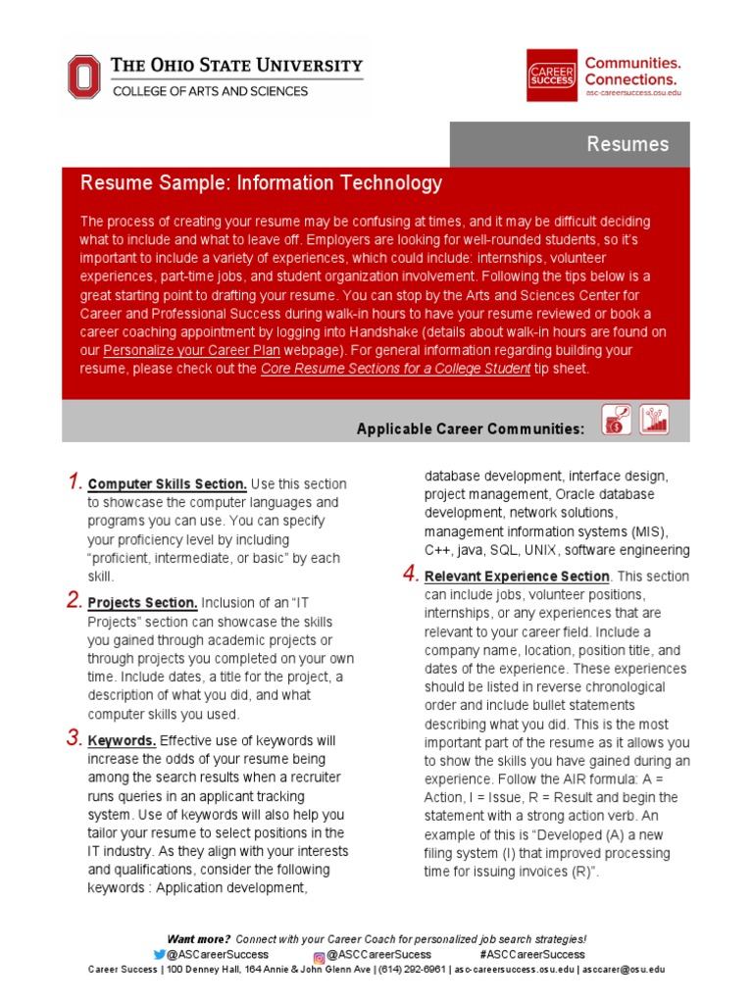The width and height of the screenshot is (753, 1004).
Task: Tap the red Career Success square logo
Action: click(x=552, y=75)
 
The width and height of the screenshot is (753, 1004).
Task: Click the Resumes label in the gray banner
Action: click(x=627, y=144)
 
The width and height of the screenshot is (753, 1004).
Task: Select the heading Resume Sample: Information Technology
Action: click(x=261, y=183)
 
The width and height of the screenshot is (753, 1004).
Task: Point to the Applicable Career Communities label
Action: click(x=471, y=428)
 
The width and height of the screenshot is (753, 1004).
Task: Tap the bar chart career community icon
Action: click(x=654, y=419)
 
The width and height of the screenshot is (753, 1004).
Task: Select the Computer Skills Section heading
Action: click(x=168, y=484)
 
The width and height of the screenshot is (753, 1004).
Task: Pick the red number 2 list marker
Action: click(x=74, y=600)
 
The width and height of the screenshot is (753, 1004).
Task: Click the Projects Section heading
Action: click(x=143, y=603)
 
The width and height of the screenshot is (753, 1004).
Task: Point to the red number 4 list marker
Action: click(x=410, y=575)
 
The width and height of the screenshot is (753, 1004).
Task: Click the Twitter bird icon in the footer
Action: click(x=160, y=954)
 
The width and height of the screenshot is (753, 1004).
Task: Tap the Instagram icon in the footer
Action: click(x=319, y=955)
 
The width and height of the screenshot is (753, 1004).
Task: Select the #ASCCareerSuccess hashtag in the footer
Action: click(x=532, y=954)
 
